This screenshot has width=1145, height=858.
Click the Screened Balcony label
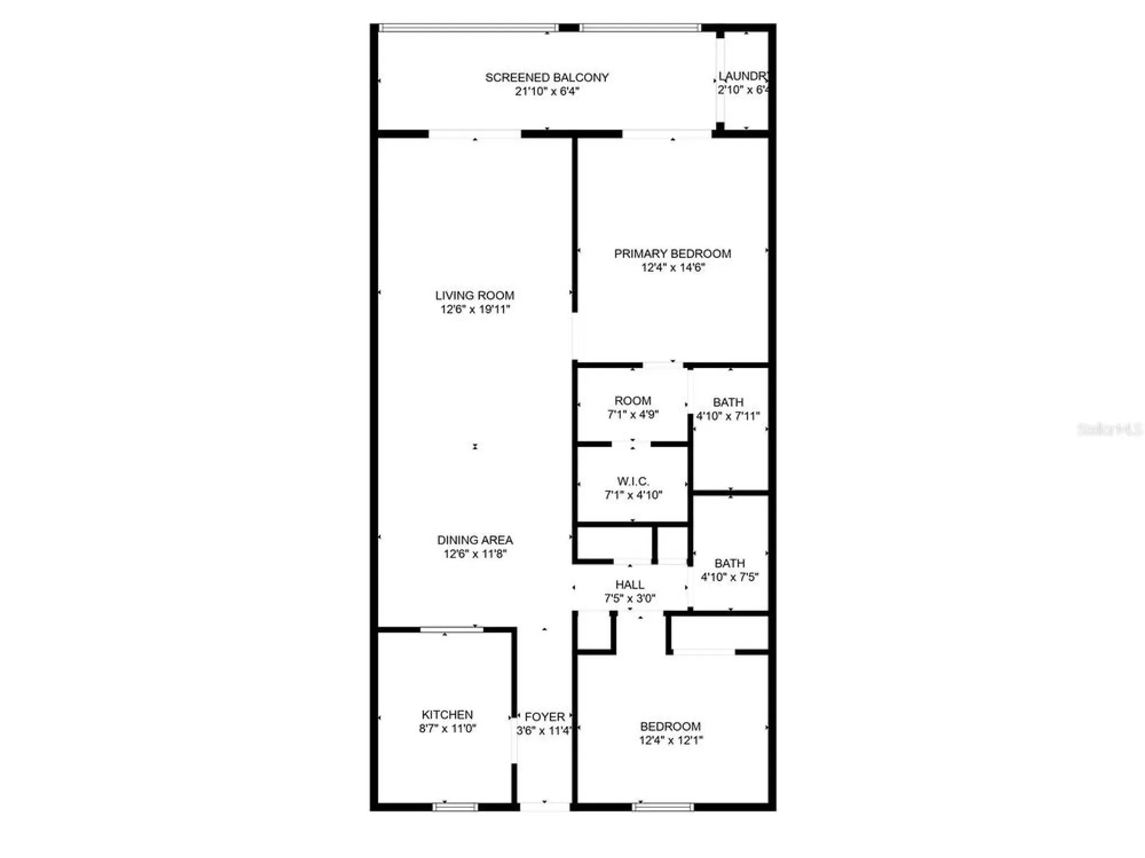547,77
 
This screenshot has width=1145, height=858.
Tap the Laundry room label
743,76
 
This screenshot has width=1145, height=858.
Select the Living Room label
475,296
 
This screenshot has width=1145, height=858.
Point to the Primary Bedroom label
672,254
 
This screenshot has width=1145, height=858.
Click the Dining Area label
475,540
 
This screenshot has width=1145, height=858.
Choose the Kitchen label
447,715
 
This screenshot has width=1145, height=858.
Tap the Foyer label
544,717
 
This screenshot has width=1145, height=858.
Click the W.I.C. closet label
633,482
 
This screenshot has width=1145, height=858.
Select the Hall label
630,585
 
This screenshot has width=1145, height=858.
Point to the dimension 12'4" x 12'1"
671,740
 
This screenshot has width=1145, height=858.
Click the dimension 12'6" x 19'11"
475,309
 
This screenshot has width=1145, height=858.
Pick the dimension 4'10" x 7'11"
728,416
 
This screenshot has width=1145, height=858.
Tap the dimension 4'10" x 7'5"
729,577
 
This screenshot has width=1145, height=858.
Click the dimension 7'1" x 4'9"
633,415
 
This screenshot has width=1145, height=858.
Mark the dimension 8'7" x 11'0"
447,729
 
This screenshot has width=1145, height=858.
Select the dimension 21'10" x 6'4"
547,92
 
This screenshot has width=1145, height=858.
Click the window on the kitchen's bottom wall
455,807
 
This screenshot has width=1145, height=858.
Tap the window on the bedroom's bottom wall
663,807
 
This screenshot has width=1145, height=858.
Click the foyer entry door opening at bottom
544,806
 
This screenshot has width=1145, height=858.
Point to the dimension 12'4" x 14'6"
673,267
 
